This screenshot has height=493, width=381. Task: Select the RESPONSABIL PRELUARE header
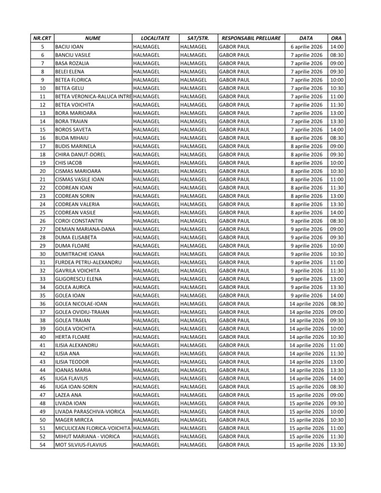click(x=251, y=38)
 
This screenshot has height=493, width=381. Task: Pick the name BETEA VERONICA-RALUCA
click(x=92, y=97)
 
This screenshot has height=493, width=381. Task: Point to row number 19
click(x=42, y=163)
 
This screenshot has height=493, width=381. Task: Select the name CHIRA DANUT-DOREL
click(x=80, y=155)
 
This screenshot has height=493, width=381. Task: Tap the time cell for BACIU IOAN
click(x=337, y=47)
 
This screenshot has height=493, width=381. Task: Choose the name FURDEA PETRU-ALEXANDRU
click(x=88, y=262)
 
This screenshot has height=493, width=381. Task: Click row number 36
click(x=42, y=304)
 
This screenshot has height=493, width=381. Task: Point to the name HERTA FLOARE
click(x=73, y=337)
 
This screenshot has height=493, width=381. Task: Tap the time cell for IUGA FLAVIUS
click(x=337, y=378)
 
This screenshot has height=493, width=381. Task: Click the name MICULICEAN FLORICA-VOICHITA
click(x=93, y=428)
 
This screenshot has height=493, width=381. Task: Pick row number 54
click(x=42, y=445)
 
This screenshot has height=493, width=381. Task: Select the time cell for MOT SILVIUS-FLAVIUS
click(x=337, y=445)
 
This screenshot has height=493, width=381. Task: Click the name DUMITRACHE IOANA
click(x=80, y=254)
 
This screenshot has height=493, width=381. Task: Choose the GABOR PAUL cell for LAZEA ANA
click(x=235, y=395)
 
